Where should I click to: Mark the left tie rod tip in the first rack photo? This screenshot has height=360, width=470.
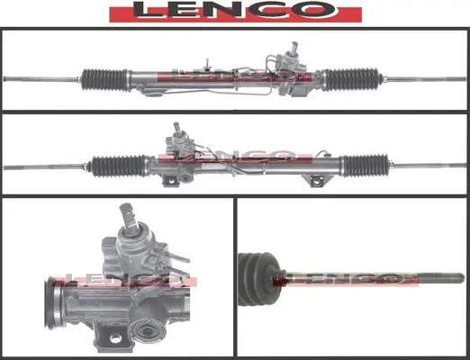[11, 79]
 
